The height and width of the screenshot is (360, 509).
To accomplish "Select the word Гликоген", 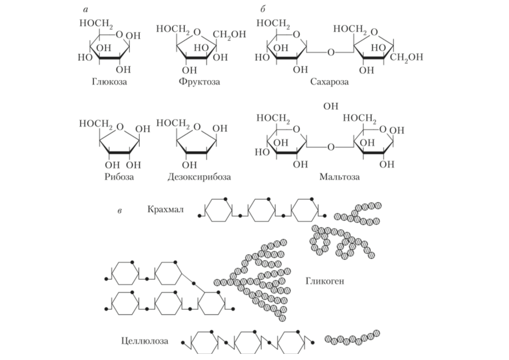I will (x=325, y=281).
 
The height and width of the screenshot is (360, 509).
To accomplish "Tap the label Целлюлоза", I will (x=144, y=339).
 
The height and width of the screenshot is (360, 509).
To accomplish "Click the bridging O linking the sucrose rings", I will (x=331, y=53).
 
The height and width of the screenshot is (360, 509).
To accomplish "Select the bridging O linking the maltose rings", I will (x=331, y=148).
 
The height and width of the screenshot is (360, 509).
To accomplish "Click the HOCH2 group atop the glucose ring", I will (x=98, y=25).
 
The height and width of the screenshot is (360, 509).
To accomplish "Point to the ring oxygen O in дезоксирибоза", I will (x=198, y=128).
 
